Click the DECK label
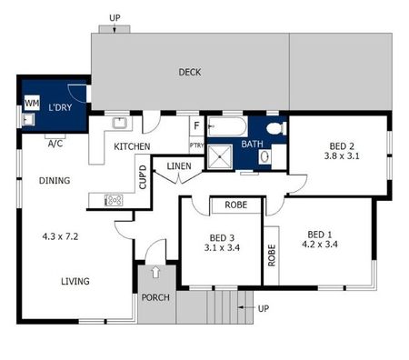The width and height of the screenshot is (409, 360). pyautogui.click(x=189, y=73)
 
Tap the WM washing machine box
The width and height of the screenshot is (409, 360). pyautogui.click(x=31, y=103)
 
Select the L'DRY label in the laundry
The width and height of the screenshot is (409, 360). pyautogui.click(x=60, y=109)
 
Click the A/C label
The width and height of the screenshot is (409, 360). pyautogui.click(x=55, y=144)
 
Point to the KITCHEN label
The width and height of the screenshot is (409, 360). pyautogui.click(x=132, y=146)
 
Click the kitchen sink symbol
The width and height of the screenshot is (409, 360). pyautogui.click(x=119, y=123)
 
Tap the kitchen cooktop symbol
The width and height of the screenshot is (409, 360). pyautogui.click(x=114, y=200)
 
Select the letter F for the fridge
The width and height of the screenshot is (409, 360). pyautogui.click(x=195, y=126)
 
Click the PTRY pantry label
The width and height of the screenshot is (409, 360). pyautogui.click(x=196, y=145)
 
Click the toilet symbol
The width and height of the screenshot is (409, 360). pyautogui.click(x=276, y=127)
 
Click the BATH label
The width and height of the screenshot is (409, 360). pyautogui.click(x=252, y=144)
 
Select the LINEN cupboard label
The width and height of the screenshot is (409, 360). pyautogui.click(x=179, y=165)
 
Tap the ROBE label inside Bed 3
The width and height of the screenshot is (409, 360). pyautogui.click(x=236, y=205)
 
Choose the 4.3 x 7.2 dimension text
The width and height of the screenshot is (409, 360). pyautogui.click(x=62, y=235)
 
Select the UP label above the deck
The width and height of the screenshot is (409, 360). pyautogui.click(x=115, y=17)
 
